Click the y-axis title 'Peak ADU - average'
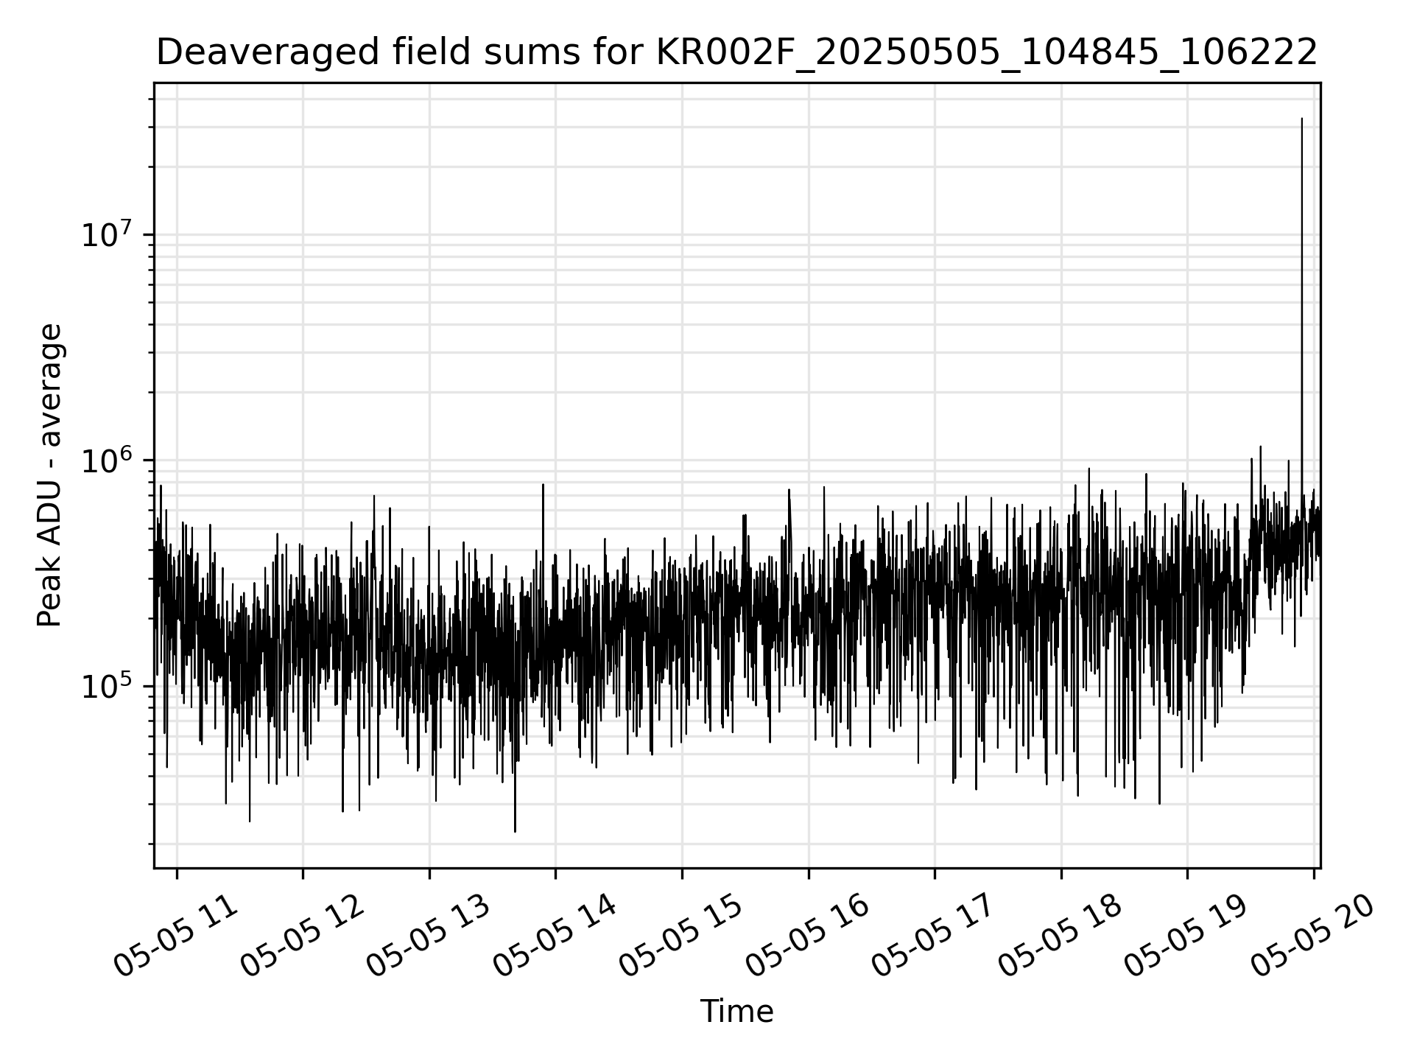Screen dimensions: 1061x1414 click(x=50, y=475)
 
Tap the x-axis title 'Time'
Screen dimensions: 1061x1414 click(x=736, y=1012)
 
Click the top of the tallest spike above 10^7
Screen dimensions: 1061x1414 click(x=1301, y=119)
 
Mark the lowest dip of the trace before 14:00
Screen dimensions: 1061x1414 click(x=515, y=831)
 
